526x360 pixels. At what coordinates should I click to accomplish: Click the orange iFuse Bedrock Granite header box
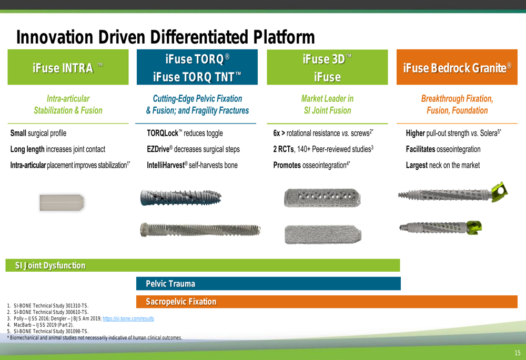click(457, 67)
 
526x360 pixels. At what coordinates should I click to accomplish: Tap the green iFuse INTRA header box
click(68, 67)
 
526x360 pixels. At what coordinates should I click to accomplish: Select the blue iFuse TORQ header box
click(197, 67)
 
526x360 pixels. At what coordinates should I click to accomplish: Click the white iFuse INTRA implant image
click(62, 202)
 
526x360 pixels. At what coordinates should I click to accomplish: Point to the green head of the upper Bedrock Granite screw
click(500, 192)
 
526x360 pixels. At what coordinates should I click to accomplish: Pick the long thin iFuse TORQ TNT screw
click(200, 230)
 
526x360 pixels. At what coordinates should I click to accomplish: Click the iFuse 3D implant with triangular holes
click(322, 198)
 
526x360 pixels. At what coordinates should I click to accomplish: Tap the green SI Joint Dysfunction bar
click(203, 265)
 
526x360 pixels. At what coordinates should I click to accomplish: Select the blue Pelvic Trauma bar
click(268, 284)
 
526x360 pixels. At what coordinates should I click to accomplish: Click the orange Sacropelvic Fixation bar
click(327, 302)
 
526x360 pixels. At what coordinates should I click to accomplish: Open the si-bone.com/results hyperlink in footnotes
click(128, 318)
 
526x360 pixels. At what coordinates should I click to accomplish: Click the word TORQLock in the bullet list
click(163, 133)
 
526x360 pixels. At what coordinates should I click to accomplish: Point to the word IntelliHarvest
click(166, 165)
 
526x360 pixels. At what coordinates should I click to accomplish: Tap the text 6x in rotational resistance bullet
click(277, 133)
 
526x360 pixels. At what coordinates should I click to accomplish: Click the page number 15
click(517, 353)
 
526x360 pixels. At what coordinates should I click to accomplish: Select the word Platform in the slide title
click(284, 37)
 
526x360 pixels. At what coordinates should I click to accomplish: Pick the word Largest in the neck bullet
click(417, 165)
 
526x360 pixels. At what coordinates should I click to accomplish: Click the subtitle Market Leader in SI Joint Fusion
click(327, 104)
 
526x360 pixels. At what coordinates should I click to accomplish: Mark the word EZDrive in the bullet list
click(158, 149)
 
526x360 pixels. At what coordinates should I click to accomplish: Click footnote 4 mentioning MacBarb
click(41, 325)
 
